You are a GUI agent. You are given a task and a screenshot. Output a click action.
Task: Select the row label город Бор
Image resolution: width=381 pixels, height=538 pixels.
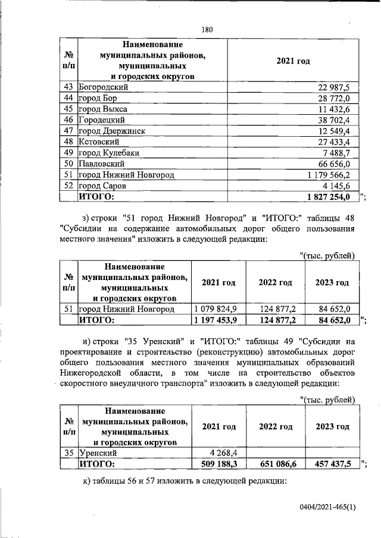(x=98, y=98)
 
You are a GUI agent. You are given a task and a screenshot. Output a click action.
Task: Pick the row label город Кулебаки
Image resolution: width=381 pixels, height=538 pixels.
(x=109, y=153)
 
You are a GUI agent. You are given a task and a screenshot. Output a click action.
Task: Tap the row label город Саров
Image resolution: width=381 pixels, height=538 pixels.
(x=102, y=185)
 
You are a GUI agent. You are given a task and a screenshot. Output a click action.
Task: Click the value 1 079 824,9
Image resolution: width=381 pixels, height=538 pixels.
(x=216, y=309)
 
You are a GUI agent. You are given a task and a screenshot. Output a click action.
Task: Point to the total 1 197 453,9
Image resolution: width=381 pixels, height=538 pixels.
(x=216, y=320)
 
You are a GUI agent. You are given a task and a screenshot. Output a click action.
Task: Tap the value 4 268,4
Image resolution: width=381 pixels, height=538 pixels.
(x=223, y=453)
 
